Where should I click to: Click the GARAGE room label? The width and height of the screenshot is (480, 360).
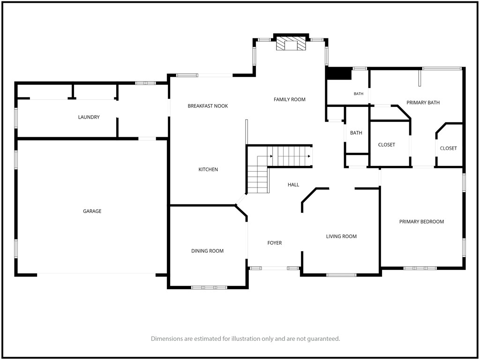(x=92, y=211)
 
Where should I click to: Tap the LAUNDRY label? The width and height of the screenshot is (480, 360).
(x=89, y=117)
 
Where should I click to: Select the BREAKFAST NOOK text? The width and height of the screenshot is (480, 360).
(x=208, y=106)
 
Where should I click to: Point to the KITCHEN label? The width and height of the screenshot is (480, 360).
(x=208, y=169)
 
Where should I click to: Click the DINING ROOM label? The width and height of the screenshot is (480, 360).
(x=207, y=251)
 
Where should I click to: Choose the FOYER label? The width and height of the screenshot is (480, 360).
(x=275, y=243)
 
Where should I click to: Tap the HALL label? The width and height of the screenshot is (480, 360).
(x=293, y=185)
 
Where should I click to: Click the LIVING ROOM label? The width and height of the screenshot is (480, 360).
(x=341, y=236)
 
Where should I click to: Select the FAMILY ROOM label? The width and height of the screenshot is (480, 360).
(x=290, y=99)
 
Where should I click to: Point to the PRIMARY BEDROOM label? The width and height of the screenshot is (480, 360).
(x=421, y=222)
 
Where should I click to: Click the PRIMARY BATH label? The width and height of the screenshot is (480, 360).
(x=423, y=103)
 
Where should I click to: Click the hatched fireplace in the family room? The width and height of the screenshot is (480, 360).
(x=291, y=44)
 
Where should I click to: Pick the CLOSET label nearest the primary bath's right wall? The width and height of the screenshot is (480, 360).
(x=449, y=148)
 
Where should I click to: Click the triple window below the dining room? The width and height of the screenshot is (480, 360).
(x=210, y=287)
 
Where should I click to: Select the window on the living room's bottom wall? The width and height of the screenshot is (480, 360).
(x=341, y=275)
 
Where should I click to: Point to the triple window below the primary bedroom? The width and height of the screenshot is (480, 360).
(x=420, y=268)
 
